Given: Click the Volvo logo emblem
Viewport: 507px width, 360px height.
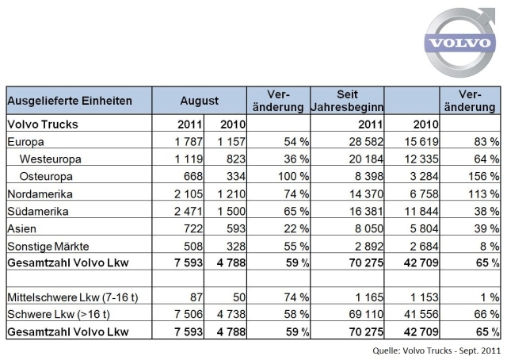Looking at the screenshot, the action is (459, 42).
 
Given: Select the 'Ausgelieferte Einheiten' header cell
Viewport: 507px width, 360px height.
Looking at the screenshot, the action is (70, 101).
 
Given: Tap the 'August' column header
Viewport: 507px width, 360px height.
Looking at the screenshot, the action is (199, 101).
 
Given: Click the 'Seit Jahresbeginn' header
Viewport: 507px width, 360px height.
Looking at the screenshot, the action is (347, 101).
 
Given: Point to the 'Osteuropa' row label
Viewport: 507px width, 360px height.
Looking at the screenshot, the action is (46, 177).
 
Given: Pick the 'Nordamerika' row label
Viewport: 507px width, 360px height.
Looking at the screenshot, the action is (40, 194).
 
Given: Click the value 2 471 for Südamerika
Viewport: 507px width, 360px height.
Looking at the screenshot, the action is (189, 212).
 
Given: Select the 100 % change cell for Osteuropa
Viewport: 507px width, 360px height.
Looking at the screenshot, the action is (294, 177).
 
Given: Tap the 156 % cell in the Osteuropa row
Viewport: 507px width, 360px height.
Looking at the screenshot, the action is (484, 177).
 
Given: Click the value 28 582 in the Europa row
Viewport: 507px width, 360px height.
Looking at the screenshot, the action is (366, 142).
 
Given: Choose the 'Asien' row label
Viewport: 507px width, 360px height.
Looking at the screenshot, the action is (21, 229).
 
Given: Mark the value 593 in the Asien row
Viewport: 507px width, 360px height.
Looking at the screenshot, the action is (236, 229).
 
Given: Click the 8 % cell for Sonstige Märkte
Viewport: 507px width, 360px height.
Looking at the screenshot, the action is (490, 247).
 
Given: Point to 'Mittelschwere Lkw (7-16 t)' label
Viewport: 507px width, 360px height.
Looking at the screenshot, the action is (73, 297).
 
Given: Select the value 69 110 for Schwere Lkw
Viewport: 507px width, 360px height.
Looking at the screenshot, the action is (366, 314).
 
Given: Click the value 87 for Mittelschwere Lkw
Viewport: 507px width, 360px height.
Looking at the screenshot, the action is (196, 297).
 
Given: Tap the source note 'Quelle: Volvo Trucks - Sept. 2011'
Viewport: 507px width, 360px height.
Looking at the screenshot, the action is (436, 350).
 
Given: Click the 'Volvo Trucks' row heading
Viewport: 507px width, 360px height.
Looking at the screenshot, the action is (43, 124).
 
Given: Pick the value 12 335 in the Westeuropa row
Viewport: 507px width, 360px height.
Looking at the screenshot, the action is (421, 159).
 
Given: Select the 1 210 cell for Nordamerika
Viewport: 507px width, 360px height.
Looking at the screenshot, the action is (231, 194).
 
